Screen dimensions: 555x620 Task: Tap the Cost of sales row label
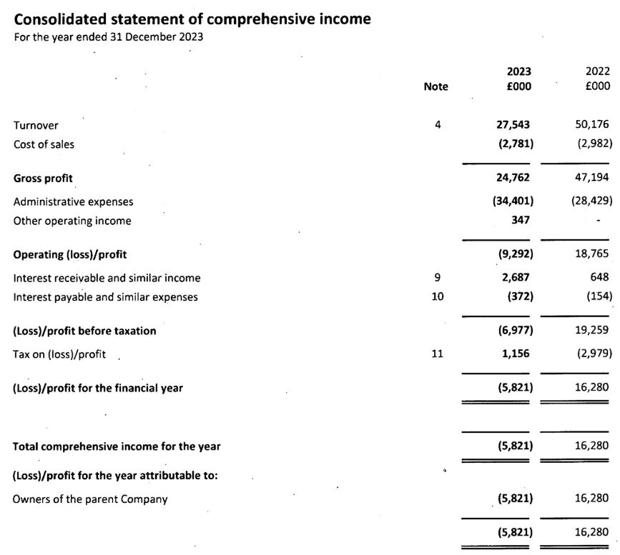tap(44, 144)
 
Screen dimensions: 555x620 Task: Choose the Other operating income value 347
tap(520, 221)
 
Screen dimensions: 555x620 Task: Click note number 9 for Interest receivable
tap(438, 277)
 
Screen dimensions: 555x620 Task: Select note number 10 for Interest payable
tap(438, 296)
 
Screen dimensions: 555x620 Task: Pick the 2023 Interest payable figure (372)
tap(517, 296)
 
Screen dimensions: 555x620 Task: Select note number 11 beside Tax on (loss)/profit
tap(438, 353)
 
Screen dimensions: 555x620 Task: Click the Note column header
tap(436, 86)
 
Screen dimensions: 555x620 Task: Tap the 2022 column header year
tap(597, 71)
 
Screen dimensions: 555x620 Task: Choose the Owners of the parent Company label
tap(90, 499)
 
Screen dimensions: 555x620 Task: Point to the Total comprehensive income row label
tap(117, 446)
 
